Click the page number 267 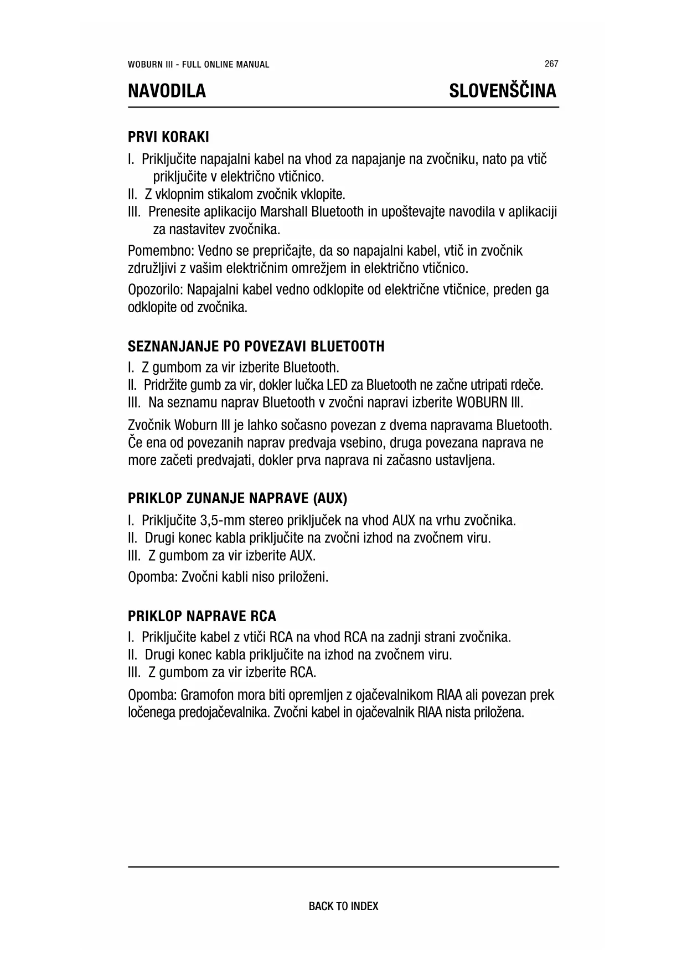pyautogui.click(x=551, y=64)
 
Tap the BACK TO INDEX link pyautogui.click(x=343, y=906)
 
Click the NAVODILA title pyautogui.click(x=167, y=91)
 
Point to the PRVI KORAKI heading pyautogui.click(x=168, y=136)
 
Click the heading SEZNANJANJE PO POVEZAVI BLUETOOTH pyautogui.click(x=256, y=347)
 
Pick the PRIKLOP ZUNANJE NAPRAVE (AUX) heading pyautogui.click(x=237, y=498)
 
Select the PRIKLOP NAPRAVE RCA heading pyautogui.click(x=202, y=616)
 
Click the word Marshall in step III pyautogui.click(x=284, y=212)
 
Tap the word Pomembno pyautogui.click(x=153, y=251)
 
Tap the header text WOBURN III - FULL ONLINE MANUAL pyautogui.click(x=198, y=64)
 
